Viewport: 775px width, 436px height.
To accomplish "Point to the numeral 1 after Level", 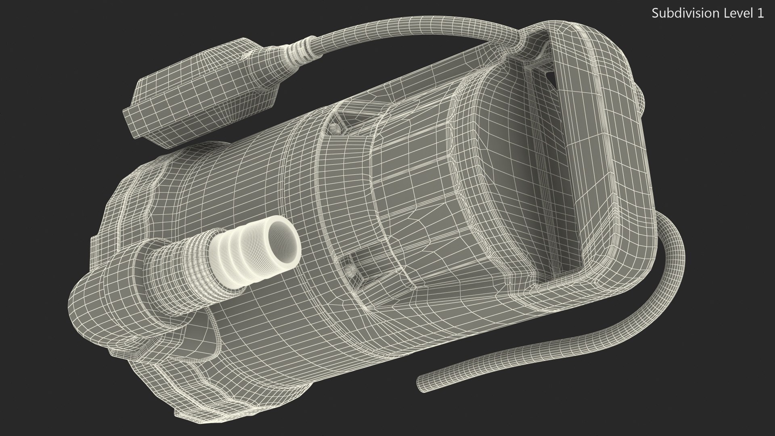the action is (x=760, y=13).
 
